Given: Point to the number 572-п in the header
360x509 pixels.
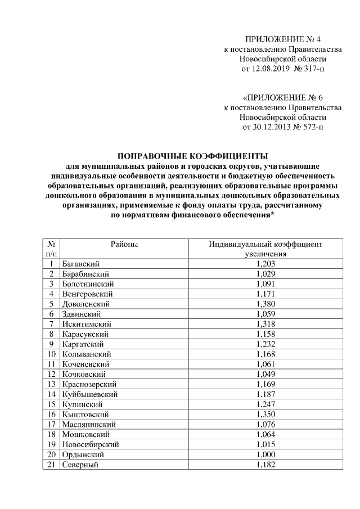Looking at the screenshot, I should coord(311,127).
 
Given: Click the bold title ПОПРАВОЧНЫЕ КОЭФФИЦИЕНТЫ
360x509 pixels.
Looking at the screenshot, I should coord(192,156).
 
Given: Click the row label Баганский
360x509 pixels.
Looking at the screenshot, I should coord(82,263).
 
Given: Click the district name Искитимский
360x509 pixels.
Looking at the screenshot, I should coord(87,324).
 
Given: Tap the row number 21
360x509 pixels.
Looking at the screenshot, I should coord(51,465).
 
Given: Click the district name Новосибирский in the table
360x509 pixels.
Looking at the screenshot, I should coord(91,444).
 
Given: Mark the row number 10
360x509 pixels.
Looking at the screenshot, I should coord(51,354).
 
